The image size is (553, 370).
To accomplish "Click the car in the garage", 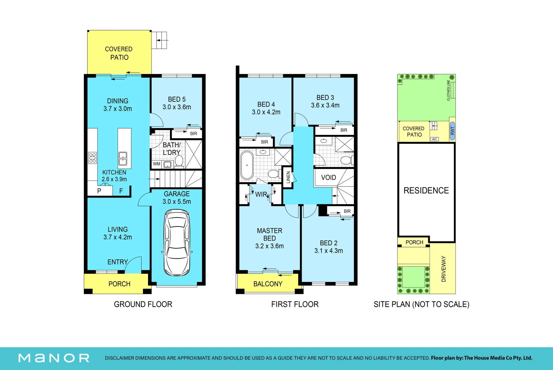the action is tap(177, 243).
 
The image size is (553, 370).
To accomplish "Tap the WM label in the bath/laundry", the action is tap(157, 164).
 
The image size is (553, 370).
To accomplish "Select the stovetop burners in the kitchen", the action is tap(93, 158).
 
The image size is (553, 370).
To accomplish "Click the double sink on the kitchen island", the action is tap(123, 159).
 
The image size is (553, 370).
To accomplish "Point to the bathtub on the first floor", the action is tap(247, 165).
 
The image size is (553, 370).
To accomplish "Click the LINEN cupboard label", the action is tap(288, 177).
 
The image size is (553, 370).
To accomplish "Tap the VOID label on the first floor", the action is tap(329, 177).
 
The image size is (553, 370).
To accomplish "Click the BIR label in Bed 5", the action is tap(194, 134).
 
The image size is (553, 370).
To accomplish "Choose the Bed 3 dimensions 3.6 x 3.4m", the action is tap(325, 106).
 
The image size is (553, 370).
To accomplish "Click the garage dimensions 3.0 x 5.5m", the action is tap(177, 201).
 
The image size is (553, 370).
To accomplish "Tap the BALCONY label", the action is tap(268, 284).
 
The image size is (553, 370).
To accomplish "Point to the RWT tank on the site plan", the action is tap(452, 131).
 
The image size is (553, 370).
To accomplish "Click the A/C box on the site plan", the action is tap(434, 139).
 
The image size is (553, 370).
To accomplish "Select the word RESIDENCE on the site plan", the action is tap(426, 190).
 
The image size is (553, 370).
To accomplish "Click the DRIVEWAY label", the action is tap(444, 269).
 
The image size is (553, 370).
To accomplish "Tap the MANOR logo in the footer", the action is tap(54, 358).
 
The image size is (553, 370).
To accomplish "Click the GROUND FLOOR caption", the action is tap(143, 304).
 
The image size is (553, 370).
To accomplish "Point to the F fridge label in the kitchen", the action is tap(121, 191).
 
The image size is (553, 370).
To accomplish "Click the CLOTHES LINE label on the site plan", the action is tap(448, 90).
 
